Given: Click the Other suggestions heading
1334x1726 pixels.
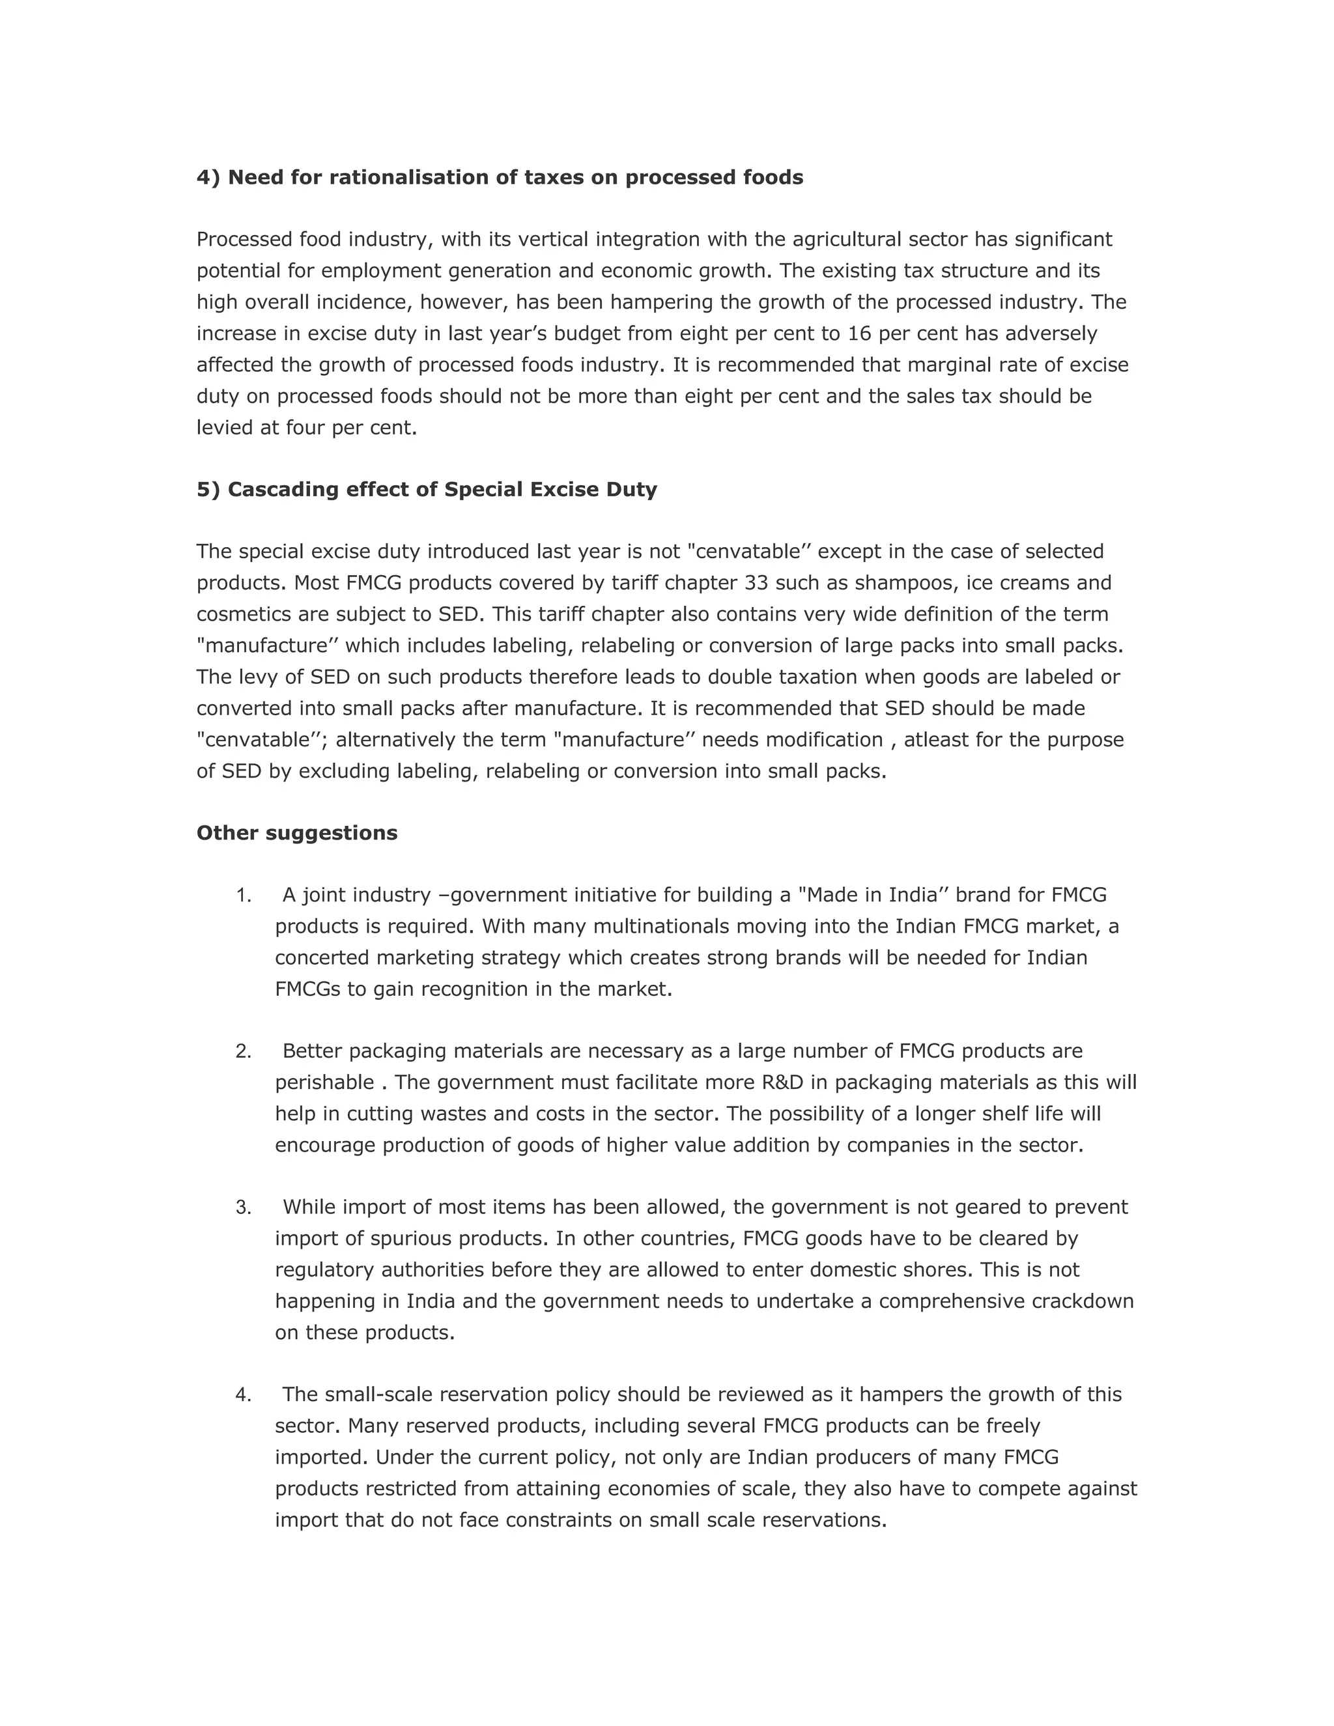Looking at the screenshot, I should point(296,833).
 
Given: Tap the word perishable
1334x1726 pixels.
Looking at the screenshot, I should point(324,1082).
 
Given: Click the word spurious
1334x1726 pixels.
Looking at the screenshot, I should point(411,1238).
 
